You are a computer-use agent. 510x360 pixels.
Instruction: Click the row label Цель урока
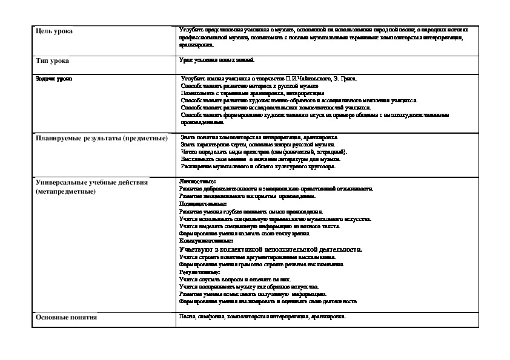(54, 31)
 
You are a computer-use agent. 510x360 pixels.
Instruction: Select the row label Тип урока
(52, 61)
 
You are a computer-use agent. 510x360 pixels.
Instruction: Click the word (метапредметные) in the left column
(65, 191)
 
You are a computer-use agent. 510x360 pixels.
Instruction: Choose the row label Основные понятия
(67, 317)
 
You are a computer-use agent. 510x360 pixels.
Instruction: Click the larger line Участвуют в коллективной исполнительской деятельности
(271, 249)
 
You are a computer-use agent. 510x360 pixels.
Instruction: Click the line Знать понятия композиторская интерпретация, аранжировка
(259, 137)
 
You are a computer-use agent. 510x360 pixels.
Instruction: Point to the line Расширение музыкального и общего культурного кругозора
(258, 166)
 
